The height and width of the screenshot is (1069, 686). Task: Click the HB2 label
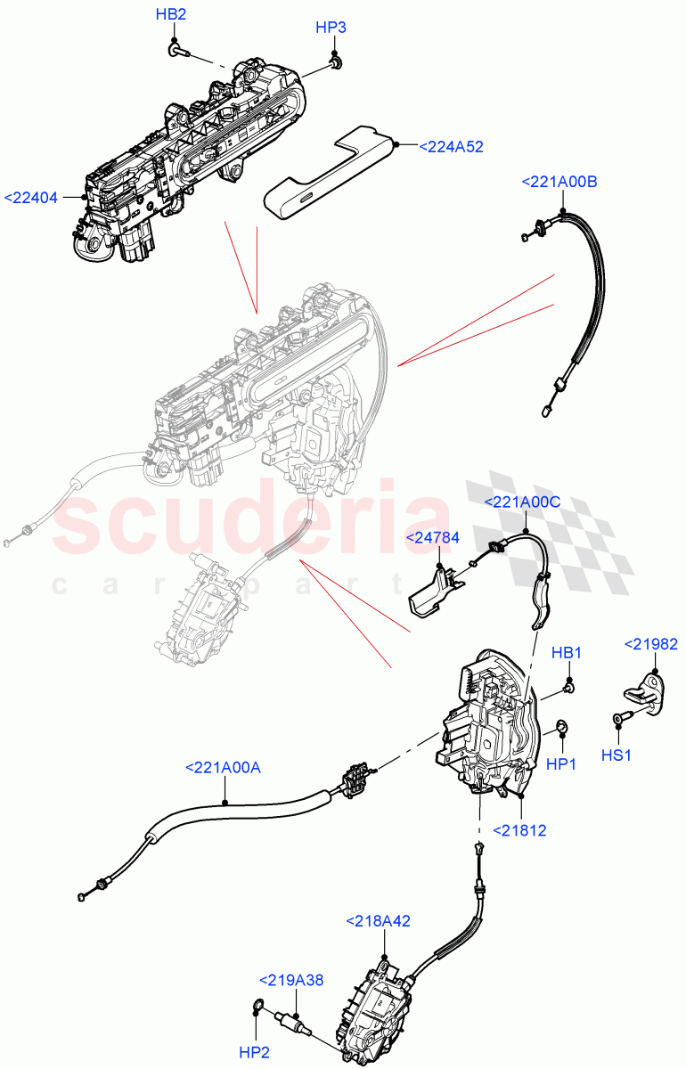[171, 15]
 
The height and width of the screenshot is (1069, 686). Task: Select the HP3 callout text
[331, 28]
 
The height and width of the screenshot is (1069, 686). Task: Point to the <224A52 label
[451, 147]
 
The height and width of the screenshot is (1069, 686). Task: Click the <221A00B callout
[559, 182]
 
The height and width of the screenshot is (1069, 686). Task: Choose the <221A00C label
[522, 502]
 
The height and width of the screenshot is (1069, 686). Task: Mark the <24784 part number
[433, 538]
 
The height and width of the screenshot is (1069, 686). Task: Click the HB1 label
[567, 653]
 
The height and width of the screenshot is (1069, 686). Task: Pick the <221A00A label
[223, 767]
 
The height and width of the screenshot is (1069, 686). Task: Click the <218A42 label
[378, 921]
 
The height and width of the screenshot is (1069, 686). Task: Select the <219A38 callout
[291, 980]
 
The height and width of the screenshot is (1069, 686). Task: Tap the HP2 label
[254, 1052]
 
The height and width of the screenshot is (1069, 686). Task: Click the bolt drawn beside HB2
[176, 51]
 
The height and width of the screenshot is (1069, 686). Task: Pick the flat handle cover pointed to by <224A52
[330, 174]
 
